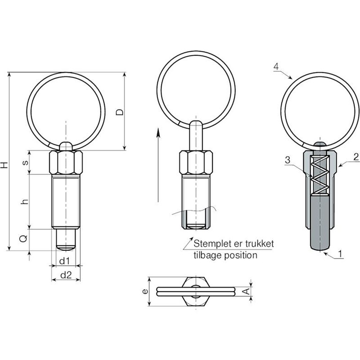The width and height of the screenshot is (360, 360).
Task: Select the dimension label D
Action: click(120, 112)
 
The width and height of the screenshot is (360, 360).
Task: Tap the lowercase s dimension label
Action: click(25, 162)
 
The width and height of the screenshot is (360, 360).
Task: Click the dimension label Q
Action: click(23, 239)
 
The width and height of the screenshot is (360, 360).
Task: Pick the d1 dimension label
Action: click(65, 261)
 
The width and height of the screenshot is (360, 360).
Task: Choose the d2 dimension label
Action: click(66, 275)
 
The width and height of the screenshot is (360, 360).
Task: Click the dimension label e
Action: click(145, 292)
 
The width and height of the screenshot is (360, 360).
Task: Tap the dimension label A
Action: click(246, 292)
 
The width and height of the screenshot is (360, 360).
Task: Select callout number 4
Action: click(276, 67)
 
